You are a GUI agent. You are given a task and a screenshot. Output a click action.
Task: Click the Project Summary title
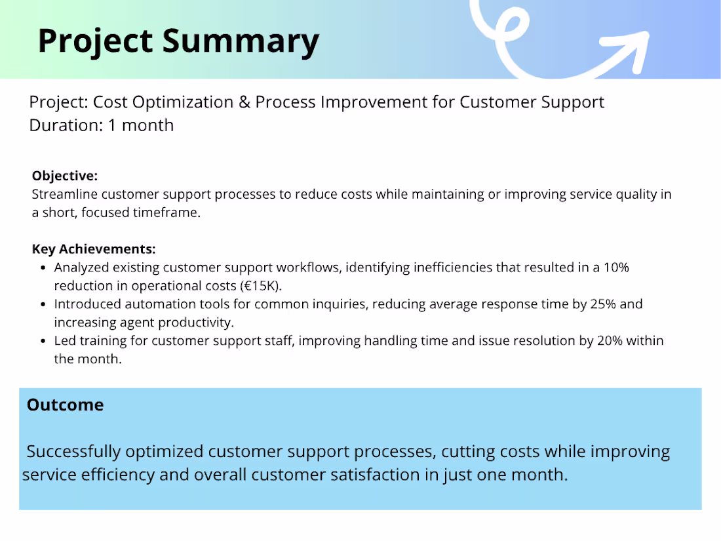pos(178,41)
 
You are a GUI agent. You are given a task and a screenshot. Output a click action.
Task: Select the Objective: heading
pos(64,176)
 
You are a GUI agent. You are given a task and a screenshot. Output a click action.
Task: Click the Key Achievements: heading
pos(94,249)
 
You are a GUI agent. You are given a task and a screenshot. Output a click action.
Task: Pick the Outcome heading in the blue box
pos(65,405)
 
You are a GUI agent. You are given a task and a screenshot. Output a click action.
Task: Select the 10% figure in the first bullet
pos(615,268)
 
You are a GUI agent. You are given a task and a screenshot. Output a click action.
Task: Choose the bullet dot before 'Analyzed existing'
pos(43,268)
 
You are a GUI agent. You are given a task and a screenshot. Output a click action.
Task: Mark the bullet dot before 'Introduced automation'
pos(43,305)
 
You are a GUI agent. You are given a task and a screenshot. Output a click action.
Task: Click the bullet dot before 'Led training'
pos(43,342)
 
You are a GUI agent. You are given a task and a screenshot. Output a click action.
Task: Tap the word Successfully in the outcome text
pos(74,452)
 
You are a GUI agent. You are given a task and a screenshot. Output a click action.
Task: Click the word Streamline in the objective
pos(64,195)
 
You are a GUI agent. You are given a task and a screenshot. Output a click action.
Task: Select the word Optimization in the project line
pos(181,102)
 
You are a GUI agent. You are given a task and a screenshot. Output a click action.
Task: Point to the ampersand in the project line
pos(244,102)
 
